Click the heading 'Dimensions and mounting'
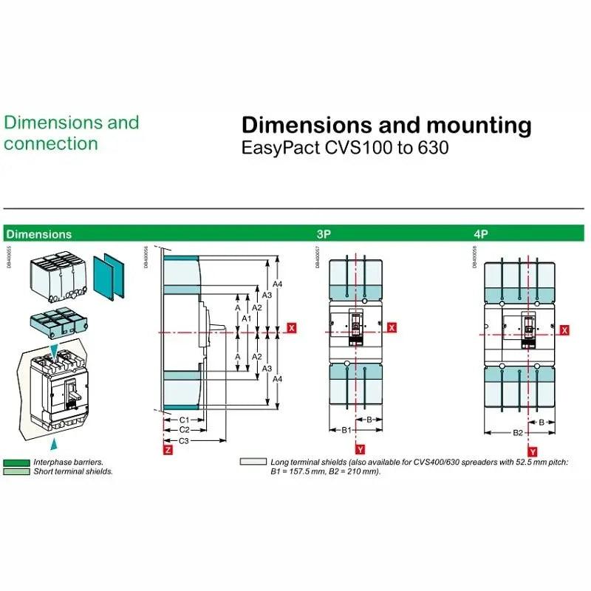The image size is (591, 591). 386,126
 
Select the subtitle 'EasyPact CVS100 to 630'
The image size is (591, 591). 345,148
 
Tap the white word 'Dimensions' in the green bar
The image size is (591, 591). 39,234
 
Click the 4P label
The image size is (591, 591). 481,234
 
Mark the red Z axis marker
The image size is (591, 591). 168,448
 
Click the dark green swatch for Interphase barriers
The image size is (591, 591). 16,462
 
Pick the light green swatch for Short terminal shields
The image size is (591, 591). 16,471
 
